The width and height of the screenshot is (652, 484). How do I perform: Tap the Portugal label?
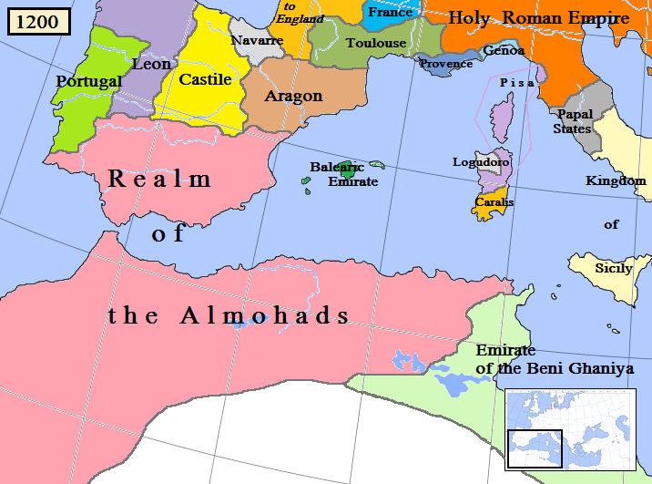pos(88,81)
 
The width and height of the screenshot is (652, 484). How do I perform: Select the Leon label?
pos(151,64)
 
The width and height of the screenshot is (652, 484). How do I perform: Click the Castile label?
pos(205,79)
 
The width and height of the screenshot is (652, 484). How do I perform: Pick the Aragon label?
pos(293,96)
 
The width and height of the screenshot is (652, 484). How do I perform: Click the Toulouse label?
pos(376,43)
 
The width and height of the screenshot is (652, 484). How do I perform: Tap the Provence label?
pos(446,64)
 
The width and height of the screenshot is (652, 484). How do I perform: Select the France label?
pos(390,13)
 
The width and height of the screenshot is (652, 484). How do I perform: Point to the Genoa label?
pos(504,50)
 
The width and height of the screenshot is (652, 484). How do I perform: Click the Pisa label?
pos(517,82)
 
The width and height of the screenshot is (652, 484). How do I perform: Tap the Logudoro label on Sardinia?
pos(481,162)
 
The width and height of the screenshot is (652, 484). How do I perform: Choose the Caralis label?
pos(494,202)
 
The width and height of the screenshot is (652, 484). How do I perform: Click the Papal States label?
pos(574,121)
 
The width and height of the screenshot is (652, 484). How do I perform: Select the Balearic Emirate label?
pos(341,175)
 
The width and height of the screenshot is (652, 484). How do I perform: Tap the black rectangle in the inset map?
pos(535,446)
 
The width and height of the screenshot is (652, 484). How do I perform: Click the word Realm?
pos(159,179)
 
